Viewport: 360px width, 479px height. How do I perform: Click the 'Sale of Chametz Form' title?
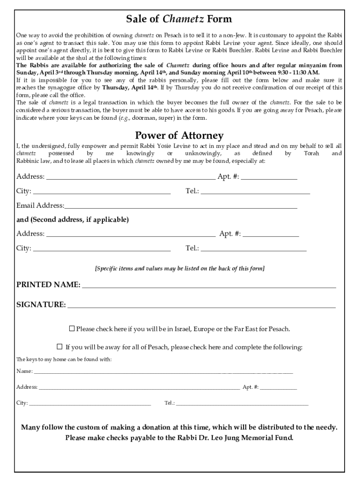pos(179,20)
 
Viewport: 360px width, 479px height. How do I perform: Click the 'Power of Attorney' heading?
pos(179,136)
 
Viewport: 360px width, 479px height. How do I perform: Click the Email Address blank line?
pos(181,206)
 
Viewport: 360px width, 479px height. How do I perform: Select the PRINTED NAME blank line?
pos(209,285)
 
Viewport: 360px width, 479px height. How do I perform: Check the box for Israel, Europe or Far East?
pos(72,329)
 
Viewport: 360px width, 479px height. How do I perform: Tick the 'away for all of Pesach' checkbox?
pos(59,347)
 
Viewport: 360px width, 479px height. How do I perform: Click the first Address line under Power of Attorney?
pos(130,177)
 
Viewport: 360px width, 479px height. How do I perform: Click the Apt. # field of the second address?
pos(271,234)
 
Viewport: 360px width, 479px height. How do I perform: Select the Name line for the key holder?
pos(164,371)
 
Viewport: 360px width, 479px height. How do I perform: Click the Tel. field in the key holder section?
pos(242,403)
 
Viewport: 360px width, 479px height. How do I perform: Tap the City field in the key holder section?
pos(90,403)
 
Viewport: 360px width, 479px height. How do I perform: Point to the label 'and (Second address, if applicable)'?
pos(72,219)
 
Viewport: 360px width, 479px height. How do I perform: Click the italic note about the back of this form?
pos(180,269)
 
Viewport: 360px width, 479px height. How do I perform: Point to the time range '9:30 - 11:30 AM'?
pos(297,73)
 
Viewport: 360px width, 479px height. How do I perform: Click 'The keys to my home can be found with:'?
pos(64,360)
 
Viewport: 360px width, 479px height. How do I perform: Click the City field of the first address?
pos(101,191)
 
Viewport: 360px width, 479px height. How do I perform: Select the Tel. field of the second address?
pos(253,248)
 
